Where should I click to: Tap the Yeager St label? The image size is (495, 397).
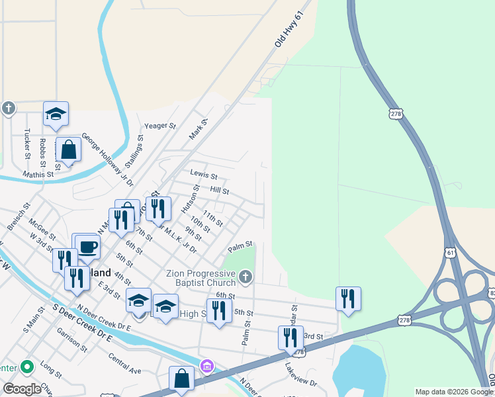161,126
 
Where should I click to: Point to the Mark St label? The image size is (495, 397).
198,128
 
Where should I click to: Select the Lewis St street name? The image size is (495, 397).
204,175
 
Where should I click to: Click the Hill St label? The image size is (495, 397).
219,191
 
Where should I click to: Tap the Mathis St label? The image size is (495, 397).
38,175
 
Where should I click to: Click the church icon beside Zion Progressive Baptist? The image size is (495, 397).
246,277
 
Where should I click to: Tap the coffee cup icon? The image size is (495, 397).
87,247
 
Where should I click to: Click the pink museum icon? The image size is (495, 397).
206,365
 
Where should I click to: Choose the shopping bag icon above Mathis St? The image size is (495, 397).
69,150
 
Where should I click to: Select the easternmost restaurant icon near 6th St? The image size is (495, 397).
348,298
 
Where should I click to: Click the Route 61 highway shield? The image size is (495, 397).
451,252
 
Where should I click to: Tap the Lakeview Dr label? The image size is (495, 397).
301,375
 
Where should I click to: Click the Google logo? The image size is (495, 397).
22,389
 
